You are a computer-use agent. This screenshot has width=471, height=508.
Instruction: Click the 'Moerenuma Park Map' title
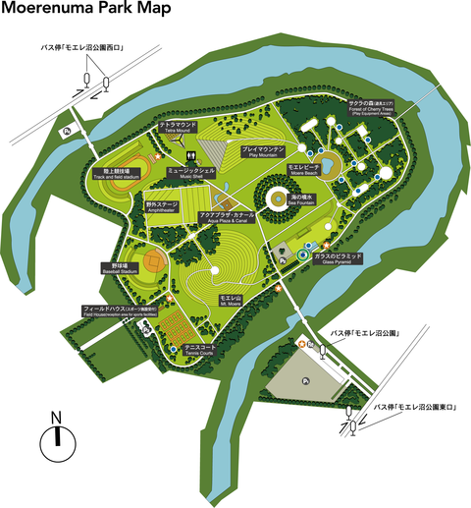click(85, 11)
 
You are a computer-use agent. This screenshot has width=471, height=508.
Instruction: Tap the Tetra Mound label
click(179, 128)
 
